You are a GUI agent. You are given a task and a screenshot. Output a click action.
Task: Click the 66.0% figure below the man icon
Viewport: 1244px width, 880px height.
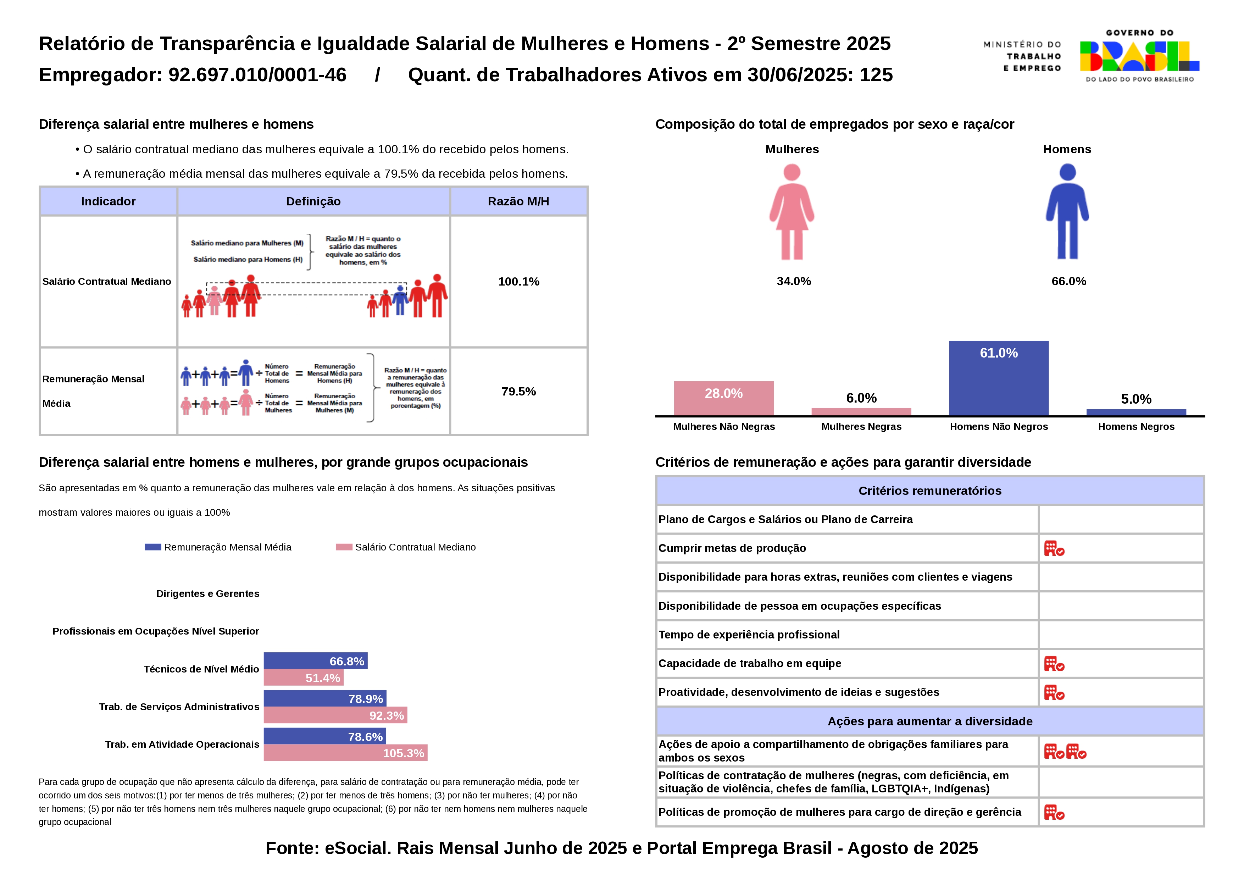[x=1068, y=281]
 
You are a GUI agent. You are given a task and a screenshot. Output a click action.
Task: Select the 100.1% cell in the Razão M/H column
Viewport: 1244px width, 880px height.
[x=518, y=282]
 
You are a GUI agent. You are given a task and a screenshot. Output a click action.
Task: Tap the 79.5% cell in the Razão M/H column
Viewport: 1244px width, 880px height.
[x=518, y=391]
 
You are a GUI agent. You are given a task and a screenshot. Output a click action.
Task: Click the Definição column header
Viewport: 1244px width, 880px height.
[x=313, y=201]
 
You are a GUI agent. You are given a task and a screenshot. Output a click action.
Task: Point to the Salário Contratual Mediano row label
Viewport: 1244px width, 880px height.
[x=107, y=282]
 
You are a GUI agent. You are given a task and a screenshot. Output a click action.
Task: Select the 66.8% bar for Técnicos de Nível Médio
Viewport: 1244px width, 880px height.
[x=315, y=661]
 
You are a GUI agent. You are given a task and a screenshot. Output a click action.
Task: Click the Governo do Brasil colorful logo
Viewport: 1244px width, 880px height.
[x=1139, y=56]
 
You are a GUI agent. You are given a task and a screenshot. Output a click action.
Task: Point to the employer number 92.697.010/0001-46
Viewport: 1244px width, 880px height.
[x=257, y=75]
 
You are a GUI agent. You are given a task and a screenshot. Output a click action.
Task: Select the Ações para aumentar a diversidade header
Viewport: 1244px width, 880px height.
[x=930, y=721]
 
